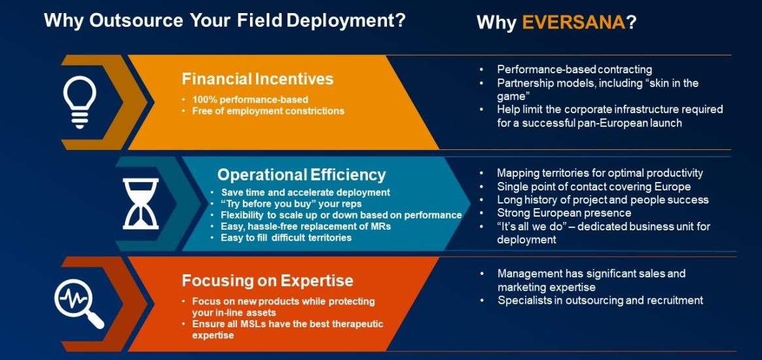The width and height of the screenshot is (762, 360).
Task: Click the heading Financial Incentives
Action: pyautogui.click(x=257, y=79)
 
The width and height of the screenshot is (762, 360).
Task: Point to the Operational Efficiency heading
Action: pyautogui.click(x=301, y=175)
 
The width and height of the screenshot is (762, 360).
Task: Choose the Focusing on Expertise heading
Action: pyautogui.click(x=267, y=281)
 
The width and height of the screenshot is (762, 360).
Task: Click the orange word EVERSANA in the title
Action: pyautogui.click(x=574, y=22)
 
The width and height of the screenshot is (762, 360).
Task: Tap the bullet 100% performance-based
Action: pyautogui.click(x=249, y=99)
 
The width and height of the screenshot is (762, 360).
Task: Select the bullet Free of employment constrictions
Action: pyautogui.click(x=268, y=111)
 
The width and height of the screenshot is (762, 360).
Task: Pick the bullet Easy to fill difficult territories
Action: pyautogui.click(x=286, y=237)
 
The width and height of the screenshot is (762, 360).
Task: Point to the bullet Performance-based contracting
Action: pyautogui.click(x=574, y=69)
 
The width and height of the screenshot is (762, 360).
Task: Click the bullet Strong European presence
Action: pyautogui.click(x=564, y=213)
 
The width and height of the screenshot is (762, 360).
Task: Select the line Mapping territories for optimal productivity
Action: pyautogui.click(x=600, y=173)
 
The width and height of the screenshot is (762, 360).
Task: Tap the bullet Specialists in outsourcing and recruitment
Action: pyautogui.click(x=600, y=300)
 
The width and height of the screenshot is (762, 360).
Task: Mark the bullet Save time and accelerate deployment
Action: pyautogui.click(x=305, y=192)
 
